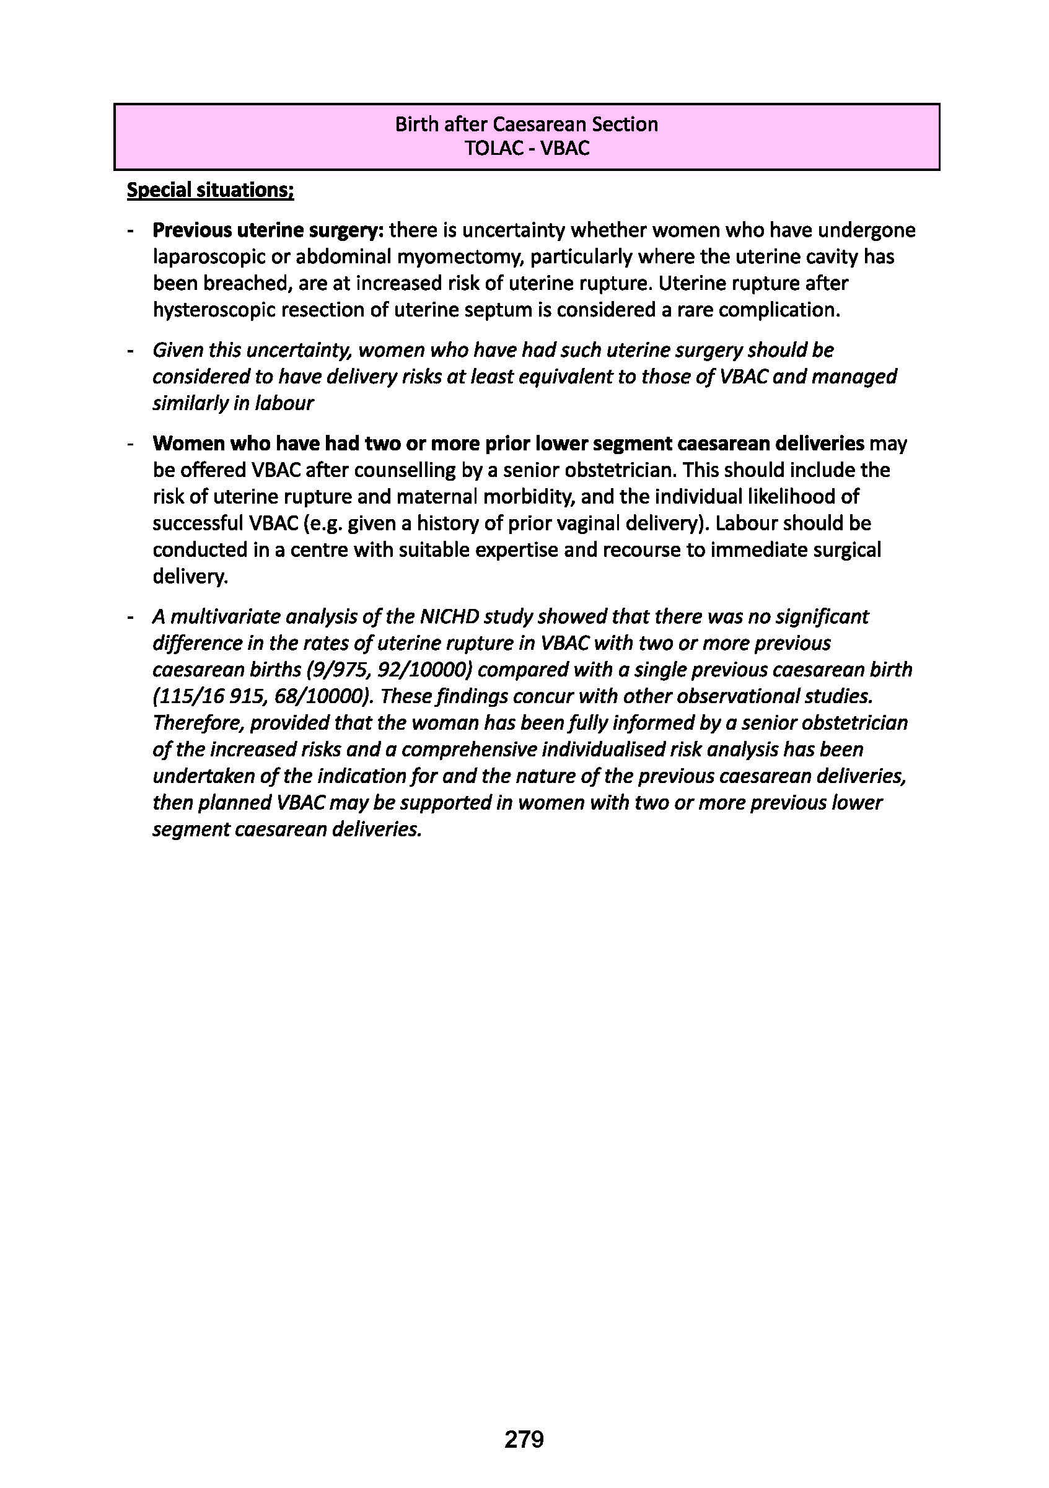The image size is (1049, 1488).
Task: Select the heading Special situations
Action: tap(210, 191)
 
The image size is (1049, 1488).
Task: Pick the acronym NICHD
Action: tap(451, 616)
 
